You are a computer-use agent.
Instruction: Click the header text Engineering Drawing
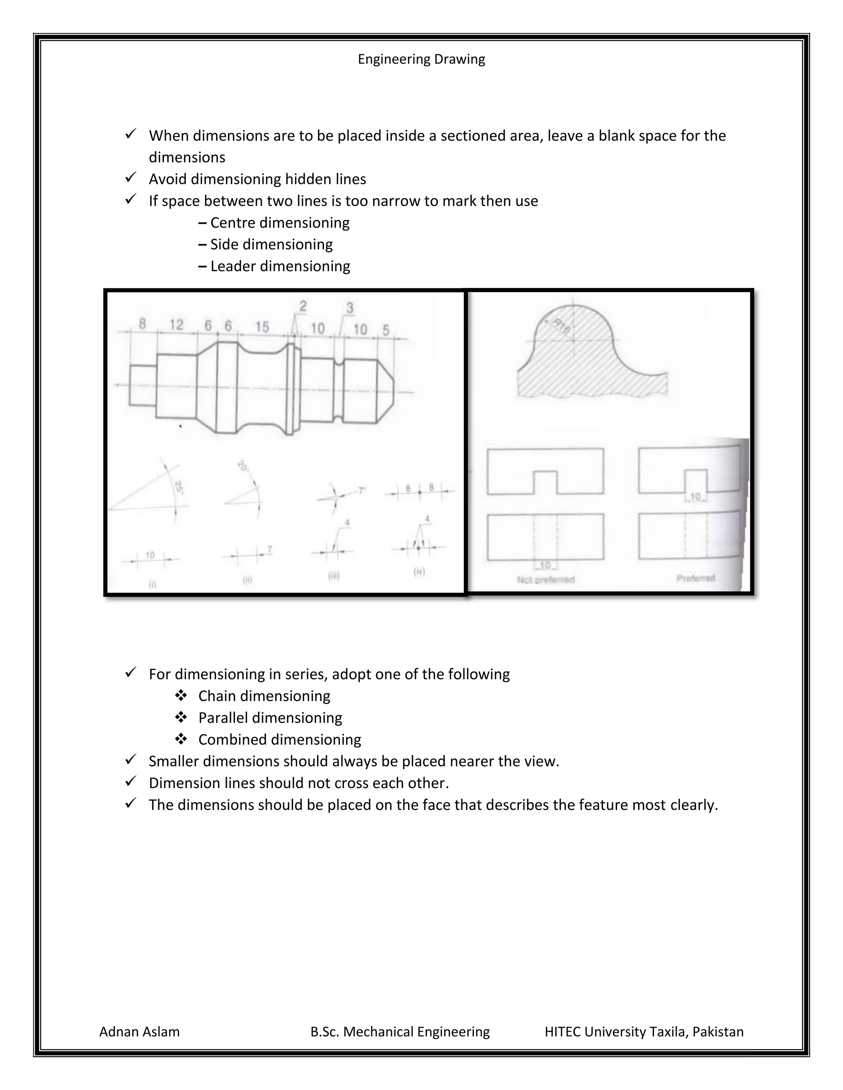421,59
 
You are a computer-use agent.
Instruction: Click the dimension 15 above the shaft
262,327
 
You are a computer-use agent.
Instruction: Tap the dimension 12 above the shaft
176,325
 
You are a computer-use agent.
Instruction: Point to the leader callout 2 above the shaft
303,306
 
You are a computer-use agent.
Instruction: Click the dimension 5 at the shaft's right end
386,330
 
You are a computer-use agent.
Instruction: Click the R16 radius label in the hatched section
562,327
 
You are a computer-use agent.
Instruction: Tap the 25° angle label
178,487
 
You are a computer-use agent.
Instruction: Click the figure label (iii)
333,575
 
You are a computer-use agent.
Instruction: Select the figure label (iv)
419,571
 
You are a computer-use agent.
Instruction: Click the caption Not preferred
546,580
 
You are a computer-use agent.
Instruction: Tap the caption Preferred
696,578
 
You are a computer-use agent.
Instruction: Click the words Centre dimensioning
279,223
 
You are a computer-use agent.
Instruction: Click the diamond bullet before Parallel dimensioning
181,717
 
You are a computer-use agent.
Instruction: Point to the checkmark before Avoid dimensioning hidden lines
131,178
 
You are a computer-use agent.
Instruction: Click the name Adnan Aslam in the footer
140,1032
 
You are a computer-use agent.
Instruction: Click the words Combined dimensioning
279,739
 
